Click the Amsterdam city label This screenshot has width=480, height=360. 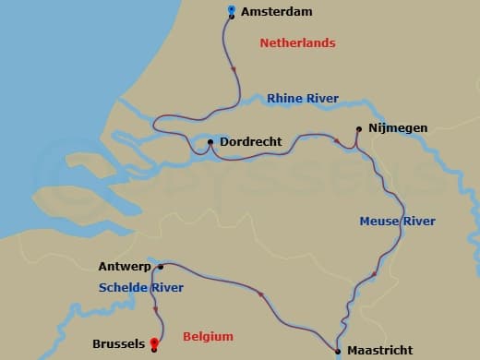tap(276, 12)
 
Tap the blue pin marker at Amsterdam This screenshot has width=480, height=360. tap(232, 11)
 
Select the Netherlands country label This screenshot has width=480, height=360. tap(297, 43)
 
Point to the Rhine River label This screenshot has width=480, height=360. tap(303, 98)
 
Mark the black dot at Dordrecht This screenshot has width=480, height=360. tap(210, 142)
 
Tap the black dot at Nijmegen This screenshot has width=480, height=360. tap(358, 129)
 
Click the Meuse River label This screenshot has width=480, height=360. tap(397, 222)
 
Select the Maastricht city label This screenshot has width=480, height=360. tap(379, 351)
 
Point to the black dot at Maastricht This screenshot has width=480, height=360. tap(339, 350)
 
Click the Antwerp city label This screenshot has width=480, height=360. tap(125, 267)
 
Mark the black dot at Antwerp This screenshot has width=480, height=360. tap(161, 267)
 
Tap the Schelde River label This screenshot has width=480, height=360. tap(141, 288)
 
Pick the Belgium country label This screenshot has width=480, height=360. tap(208, 337)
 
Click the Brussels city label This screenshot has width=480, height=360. tap(118, 344)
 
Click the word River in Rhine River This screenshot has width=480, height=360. tap(321, 98)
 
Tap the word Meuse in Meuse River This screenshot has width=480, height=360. tap(378, 222)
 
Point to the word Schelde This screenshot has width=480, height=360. tap(122, 288)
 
